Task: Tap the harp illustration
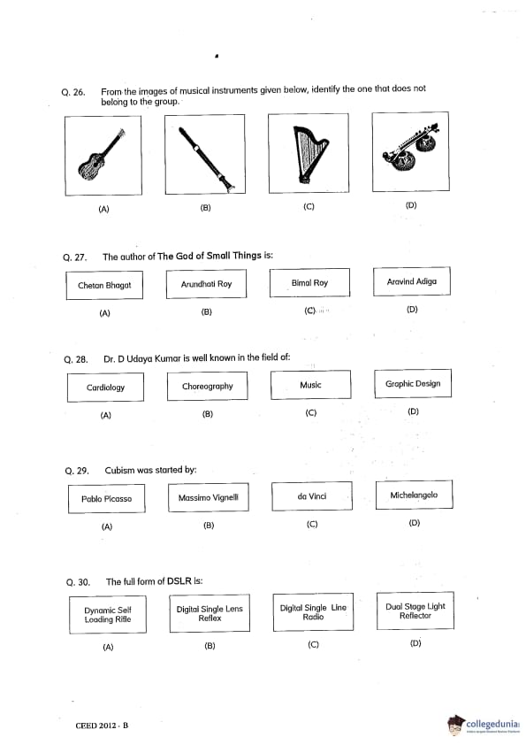pos(309,153)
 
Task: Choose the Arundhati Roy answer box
pos(206,284)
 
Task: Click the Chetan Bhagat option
pos(104,285)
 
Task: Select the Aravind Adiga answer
pos(412,281)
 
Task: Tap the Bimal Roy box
pos(309,283)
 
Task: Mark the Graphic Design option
pos(413,383)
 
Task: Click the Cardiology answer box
pos(105,388)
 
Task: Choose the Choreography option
pos(208,387)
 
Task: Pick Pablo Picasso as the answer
pos(106,499)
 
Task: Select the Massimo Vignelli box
pos(209,497)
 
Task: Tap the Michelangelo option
pos(414,495)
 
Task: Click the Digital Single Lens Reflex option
pos(210,613)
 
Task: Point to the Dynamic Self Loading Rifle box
pos(108,615)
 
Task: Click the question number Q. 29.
pos(77,471)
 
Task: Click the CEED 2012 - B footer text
pos(102,726)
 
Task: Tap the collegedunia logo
pos(484,725)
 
